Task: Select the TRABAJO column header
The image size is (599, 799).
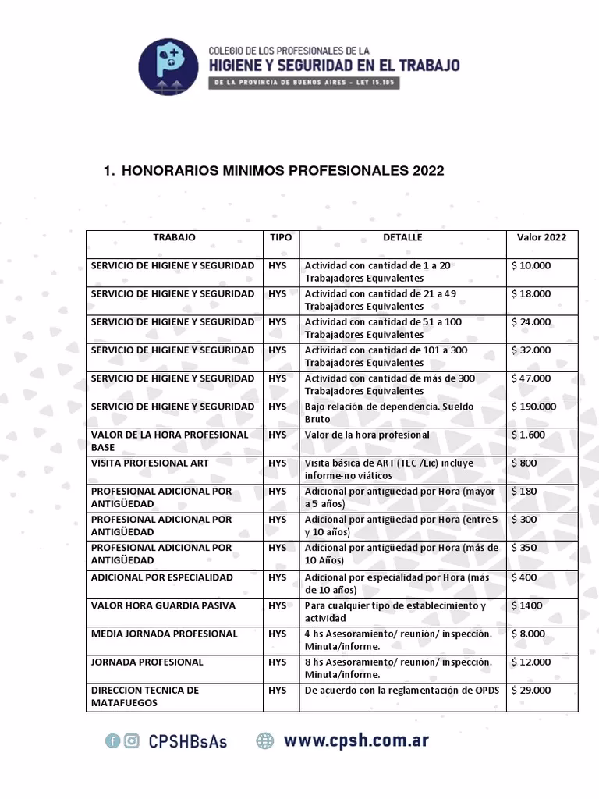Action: (x=174, y=237)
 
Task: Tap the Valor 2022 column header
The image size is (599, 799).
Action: (x=541, y=237)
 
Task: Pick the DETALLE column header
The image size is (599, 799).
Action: (x=402, y=237)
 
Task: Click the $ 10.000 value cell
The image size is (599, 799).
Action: (x=531, y=265)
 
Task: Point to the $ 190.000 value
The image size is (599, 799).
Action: (x=534, y=407)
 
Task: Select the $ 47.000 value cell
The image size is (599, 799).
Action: (x=531, y=378)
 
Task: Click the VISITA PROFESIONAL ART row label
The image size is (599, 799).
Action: (x=150, y=463)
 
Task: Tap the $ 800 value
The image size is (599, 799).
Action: (x=525, y=463)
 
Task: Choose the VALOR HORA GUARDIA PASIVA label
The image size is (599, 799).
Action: (x=163, y=605)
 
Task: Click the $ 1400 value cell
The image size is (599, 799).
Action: (x=527, y=605)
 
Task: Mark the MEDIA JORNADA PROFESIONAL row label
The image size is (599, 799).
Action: (x=164, y=634)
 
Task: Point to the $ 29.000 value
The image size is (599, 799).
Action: (x=531, y=690)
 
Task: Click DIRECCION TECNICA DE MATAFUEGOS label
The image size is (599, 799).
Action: (x=145, y=696)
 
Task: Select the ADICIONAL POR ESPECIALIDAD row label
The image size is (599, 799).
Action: (x=162, y=577)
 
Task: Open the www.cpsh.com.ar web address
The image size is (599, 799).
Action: (x=356, y=740)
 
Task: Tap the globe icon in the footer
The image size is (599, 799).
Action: (x=265, y=741)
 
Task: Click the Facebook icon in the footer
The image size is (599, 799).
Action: (x=112, y=741)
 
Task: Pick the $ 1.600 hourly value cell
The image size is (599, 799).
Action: (x=529, y=435)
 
